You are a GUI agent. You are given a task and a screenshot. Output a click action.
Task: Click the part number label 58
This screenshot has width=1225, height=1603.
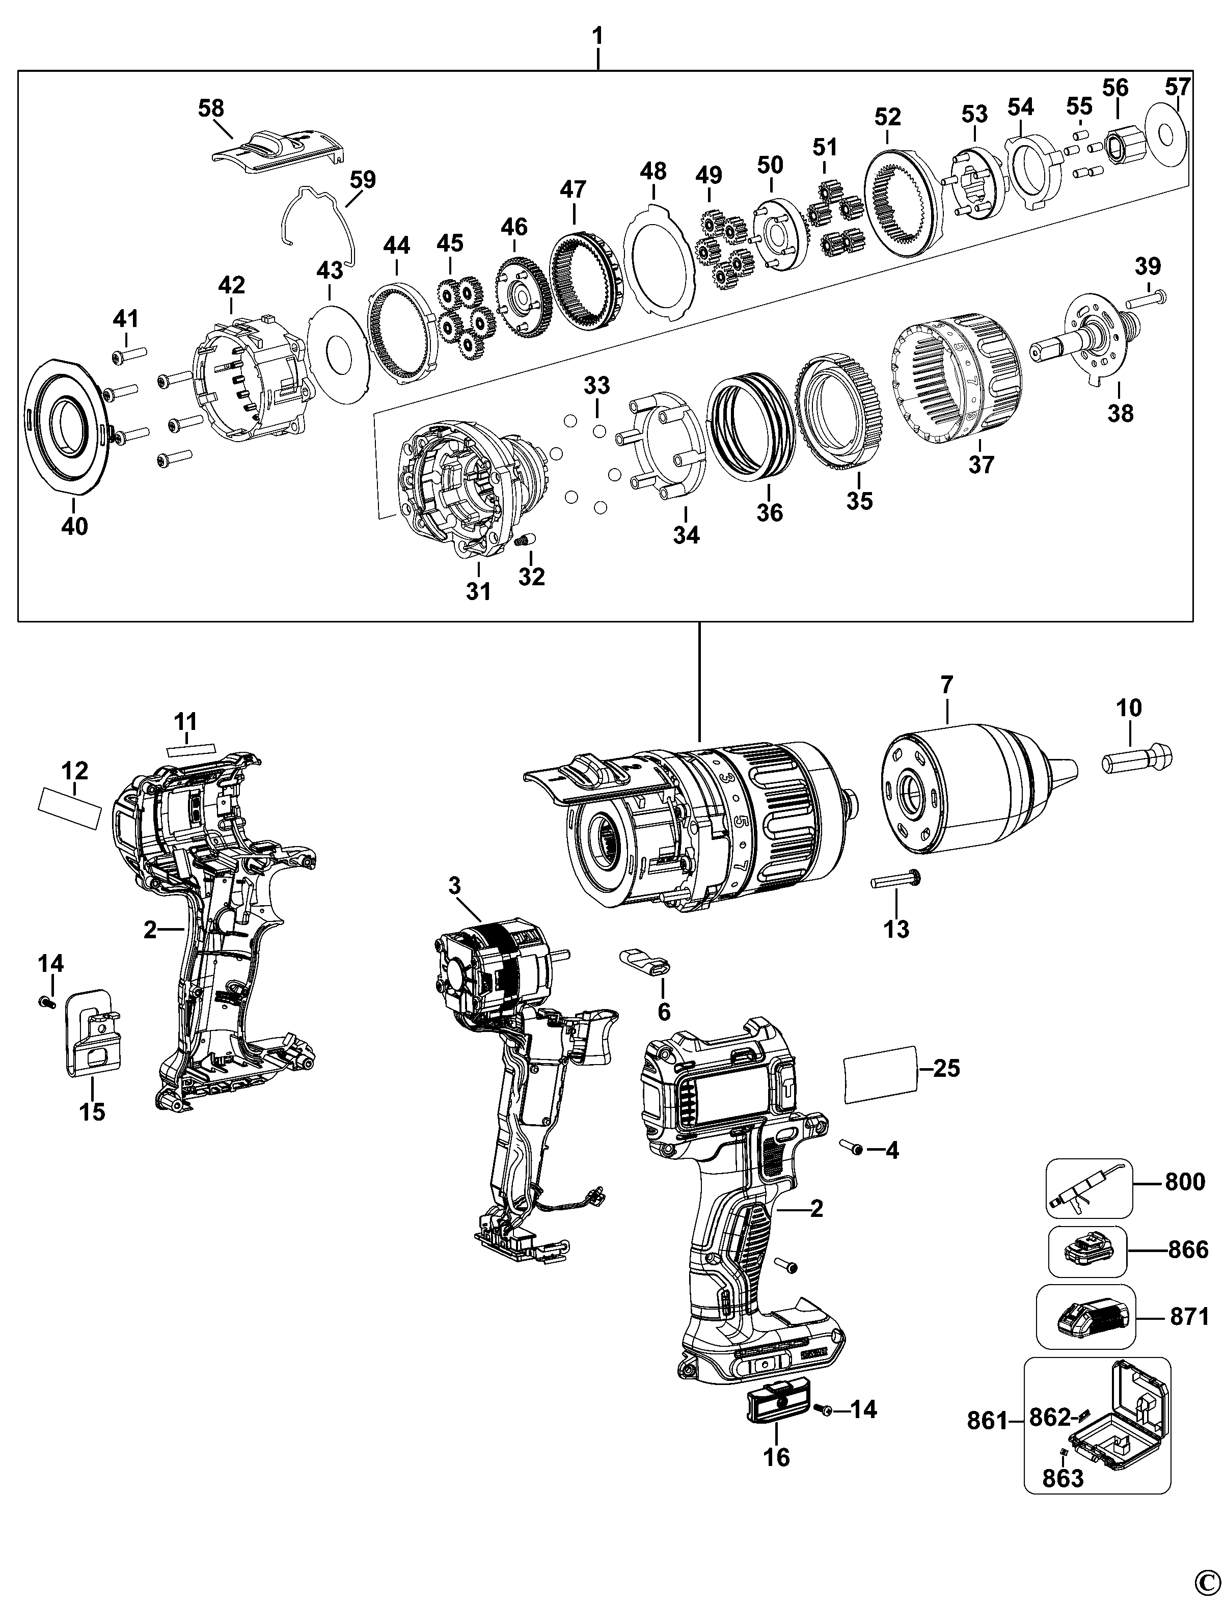(211, 108)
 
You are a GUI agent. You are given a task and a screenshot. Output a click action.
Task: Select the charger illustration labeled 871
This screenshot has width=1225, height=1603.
(1087, 1316)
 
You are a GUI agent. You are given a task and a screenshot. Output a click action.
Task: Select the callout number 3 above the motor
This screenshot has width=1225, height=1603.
(454, 886)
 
